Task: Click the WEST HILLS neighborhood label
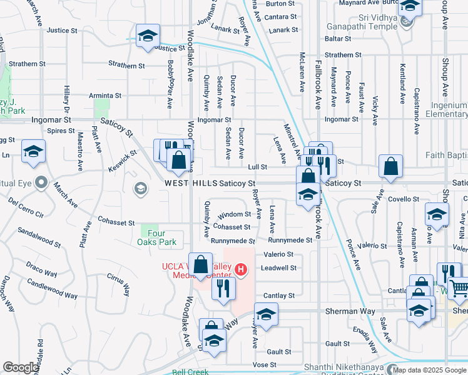(190, 183)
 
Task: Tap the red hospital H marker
(242, 270)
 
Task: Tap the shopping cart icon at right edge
(459, 289)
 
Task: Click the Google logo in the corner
(21, 367)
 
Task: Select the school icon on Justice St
(148, 36)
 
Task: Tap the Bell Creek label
(190, 371)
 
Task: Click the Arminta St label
(104, 96)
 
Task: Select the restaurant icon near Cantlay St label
(221, 288)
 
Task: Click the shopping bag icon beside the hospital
(201, 264)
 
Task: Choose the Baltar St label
(339, 39)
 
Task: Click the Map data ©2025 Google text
(429, 370)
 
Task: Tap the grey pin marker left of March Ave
(42, 183)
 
